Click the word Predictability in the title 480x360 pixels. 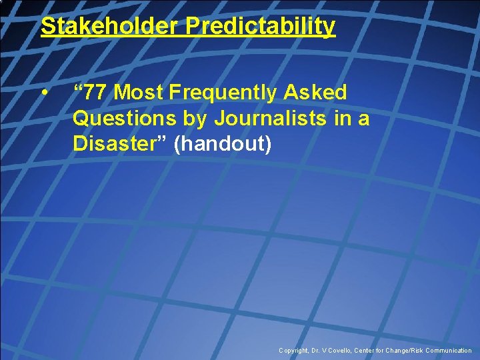click(x=261, y=26)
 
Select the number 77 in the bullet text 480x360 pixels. click(x=96, y=92)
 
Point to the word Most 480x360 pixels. click(x=137, y=92)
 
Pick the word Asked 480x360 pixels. click(x=318, y=92)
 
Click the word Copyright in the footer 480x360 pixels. click(x=294, y=350)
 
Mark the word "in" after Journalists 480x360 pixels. click(x=344, y=118)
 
